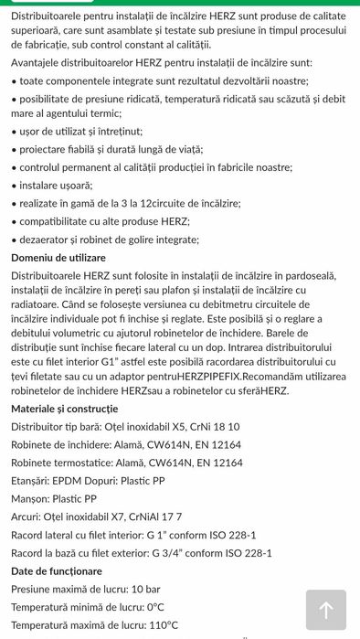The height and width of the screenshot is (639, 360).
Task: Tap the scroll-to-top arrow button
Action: [325, 610]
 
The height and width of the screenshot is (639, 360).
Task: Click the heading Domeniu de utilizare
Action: [58, 258]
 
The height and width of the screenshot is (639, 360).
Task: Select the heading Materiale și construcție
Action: [64, 408]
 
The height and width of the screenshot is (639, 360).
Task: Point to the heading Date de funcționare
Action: [57, 570]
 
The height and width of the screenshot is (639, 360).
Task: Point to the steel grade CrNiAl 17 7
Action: [161, 517]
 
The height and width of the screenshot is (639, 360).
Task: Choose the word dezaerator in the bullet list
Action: [48, 240]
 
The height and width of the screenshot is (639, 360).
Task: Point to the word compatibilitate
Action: [59, 221]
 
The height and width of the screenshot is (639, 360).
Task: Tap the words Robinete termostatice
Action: [66, 463]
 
